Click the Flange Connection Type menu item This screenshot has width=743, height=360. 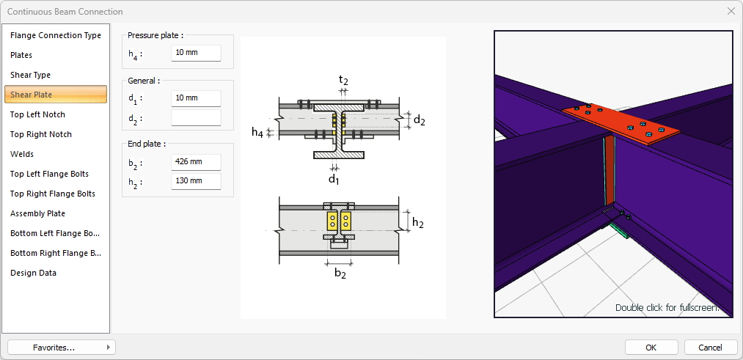pos(56,35)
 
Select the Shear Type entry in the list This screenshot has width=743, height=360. pos(30,75)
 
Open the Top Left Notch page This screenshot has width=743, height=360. pos(37,114)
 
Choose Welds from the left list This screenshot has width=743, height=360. pos(22,154)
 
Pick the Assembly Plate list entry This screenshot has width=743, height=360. pos(37,213)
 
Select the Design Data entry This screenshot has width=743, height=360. pos(33,273)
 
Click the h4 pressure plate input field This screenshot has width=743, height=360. pos(196,53)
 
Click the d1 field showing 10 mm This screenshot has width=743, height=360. pos(196,98)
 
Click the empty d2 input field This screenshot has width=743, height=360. pos(196,118)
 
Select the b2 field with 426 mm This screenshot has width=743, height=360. pos(196,162)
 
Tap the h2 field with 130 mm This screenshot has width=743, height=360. pos(196,181)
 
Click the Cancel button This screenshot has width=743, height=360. pos(710,348)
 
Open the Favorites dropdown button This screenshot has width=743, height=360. pos(61,348)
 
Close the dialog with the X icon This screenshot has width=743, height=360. pos(731,12)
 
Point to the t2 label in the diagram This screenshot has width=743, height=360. pos(343,80)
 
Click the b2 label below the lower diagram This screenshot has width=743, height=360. pos(340,273)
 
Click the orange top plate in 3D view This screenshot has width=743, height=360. pos(621,125)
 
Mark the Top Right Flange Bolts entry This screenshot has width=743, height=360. pos(53,194)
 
